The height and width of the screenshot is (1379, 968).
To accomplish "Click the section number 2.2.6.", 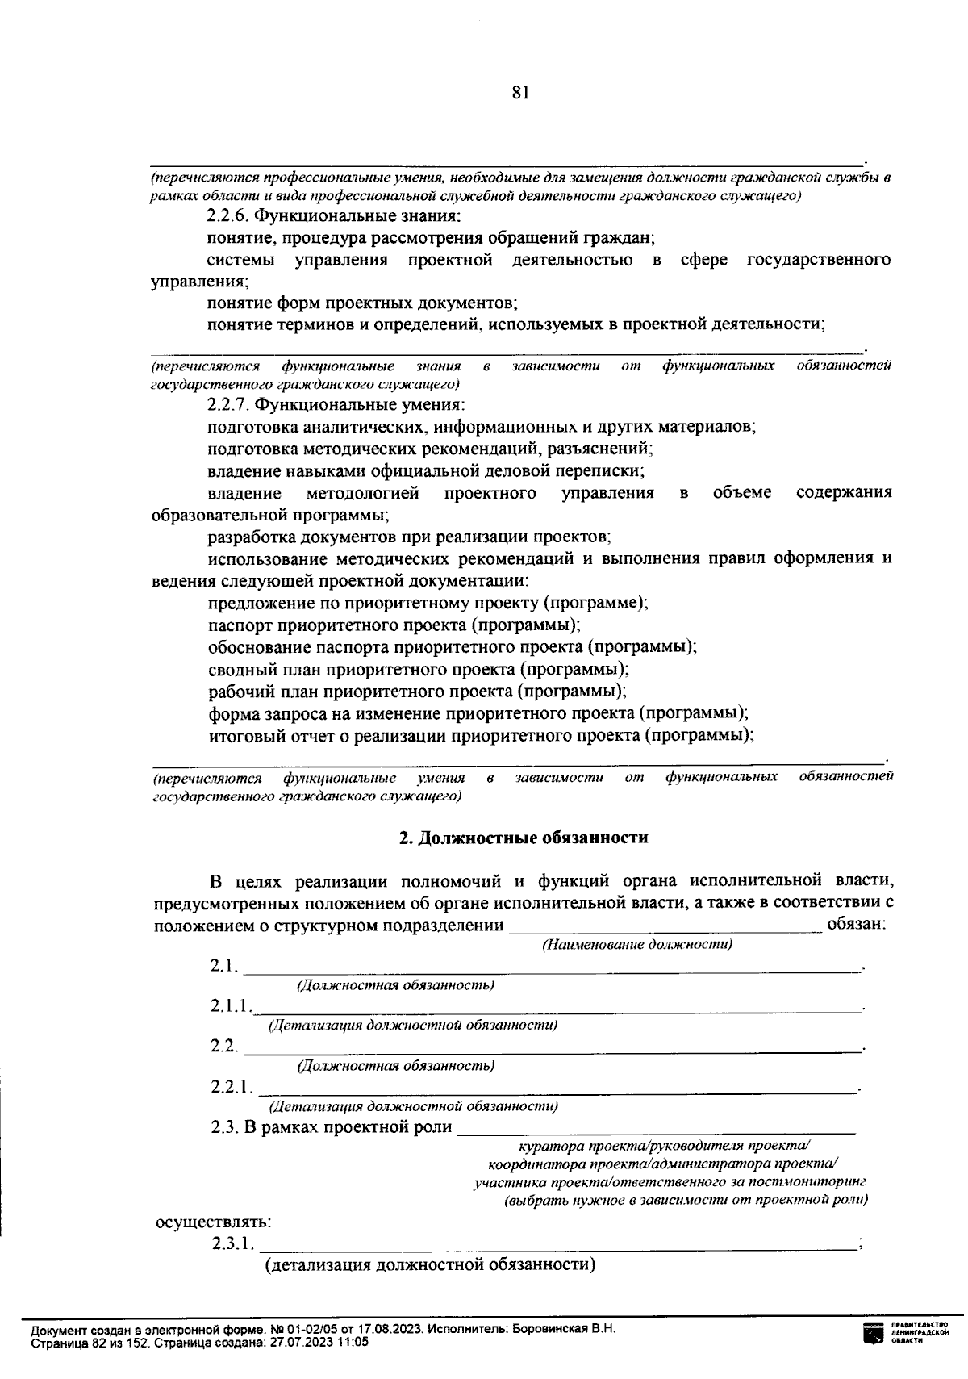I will point(232,216).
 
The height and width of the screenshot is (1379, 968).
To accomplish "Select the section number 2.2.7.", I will point(232,404).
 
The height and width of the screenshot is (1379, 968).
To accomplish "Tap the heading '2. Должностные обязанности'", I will point(524,838).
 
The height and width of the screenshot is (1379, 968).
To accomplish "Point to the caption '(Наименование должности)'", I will point(637,945).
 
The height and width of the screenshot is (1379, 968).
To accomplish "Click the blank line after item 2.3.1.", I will point(557,1248).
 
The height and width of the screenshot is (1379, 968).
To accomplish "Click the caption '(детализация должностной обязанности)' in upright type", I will point(431,1264).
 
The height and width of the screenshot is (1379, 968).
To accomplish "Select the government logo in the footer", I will point(874,1335).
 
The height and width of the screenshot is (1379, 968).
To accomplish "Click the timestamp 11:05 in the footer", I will point(353,1342).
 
